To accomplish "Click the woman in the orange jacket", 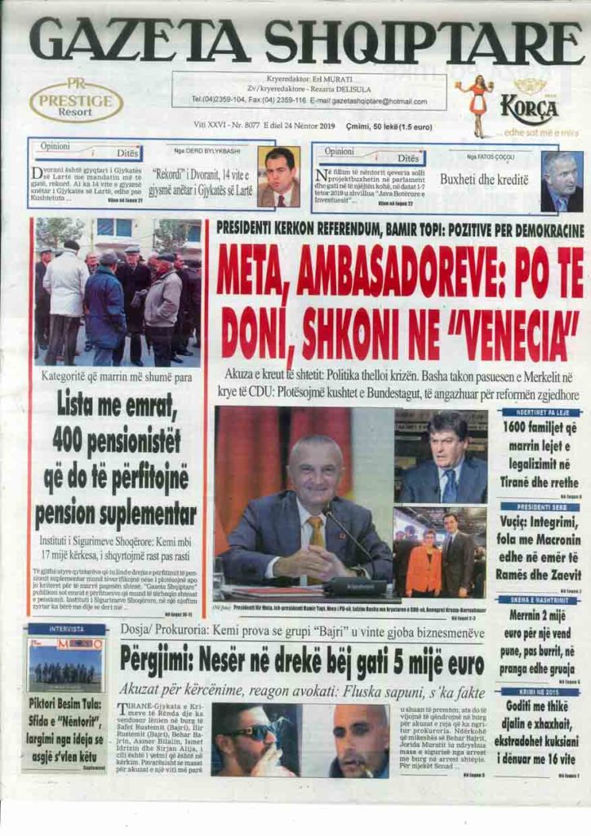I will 424,563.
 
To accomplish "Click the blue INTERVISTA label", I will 65,629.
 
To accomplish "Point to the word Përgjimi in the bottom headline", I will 162,658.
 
